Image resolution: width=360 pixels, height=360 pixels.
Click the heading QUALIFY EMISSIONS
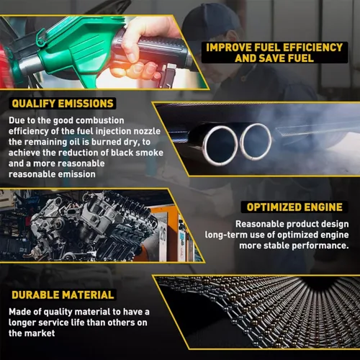click(63, 104)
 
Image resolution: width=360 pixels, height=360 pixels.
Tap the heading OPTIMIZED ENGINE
click(294, 207)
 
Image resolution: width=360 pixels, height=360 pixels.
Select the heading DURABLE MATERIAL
click(63, 295)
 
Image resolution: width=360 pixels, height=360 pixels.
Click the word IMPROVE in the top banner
click(228, 48)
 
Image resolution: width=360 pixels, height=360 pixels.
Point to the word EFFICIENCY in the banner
click(313, 48)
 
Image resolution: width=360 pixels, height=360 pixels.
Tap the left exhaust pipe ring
click(220, 145)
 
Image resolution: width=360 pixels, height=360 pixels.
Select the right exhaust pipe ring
click(256, 142)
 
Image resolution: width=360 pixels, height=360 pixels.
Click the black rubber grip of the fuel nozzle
click(158, 49)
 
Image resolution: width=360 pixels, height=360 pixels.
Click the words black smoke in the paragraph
click(137, 153)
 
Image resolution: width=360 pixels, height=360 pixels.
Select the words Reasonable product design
click(292, 224)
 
